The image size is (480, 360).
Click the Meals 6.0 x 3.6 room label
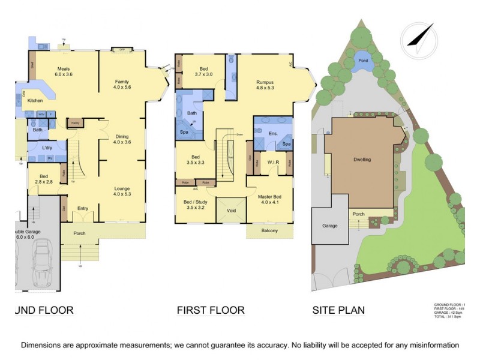pos(64,72)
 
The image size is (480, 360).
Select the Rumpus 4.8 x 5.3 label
pos(265,85)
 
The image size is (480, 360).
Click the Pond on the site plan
pos(363,61)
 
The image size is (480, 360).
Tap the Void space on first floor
pos(231,211)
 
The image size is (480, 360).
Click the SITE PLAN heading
pos(338,310)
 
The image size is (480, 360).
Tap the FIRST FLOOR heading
pos(211,310)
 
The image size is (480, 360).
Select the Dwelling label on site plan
pos(362,160)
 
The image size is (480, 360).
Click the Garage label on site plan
pos(329,226)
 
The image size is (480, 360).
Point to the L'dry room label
pos(50,148)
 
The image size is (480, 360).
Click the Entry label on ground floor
pos(83,208)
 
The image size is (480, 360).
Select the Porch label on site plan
pos(359,214)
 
